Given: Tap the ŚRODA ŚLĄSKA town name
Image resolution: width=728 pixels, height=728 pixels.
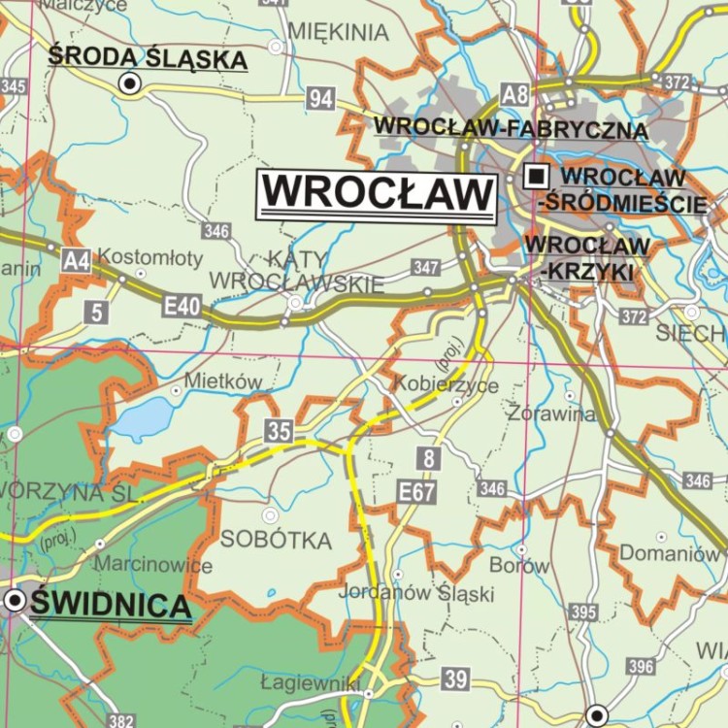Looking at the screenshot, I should click(x=148, y=58).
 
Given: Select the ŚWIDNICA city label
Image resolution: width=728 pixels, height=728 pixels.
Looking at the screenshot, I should click(x=110, y=606).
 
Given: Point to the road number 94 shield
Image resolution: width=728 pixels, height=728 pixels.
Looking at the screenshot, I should click(x=321, y=97).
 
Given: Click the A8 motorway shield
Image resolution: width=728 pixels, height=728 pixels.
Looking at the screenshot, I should click(x=515, y=94).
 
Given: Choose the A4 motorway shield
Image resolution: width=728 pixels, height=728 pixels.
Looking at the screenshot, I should click(x=76, y=259).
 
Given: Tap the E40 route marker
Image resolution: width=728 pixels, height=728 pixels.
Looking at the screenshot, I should click(x=182, y=307).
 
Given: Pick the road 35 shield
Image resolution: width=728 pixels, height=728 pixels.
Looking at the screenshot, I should click(x=279, y=431).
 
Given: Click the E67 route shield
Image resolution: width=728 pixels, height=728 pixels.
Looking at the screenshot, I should click(x=416, y=492).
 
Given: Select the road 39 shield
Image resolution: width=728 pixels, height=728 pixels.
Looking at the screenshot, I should click(x=454, y=678).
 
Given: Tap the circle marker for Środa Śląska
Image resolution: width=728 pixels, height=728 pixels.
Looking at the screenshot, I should click(x=129, y=84).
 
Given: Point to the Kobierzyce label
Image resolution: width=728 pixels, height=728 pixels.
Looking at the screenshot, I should click(x=446, y=385).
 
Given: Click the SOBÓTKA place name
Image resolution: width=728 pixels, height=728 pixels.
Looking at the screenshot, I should click(x=276, y=540).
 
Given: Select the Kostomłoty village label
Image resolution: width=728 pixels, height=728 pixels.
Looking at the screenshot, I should click(x=151, y=257).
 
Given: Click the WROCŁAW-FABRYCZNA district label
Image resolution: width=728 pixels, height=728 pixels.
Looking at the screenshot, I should click(x=511, y=127).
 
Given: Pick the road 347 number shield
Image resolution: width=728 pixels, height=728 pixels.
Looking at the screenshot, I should click(x=425, y=267).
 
